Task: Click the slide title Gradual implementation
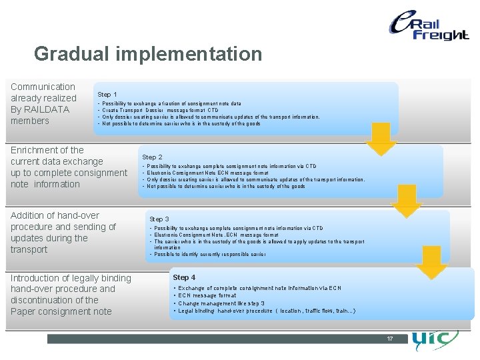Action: coord(148,53)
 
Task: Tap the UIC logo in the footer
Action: coord(434,341)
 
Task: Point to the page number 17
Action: coord(390,339)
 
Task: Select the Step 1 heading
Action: coord(107,95)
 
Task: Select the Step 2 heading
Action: coord(152,157)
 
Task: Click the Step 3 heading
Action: coord(159,219)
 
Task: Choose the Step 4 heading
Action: coord(184,277)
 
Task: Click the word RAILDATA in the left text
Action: coord(46,109)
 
